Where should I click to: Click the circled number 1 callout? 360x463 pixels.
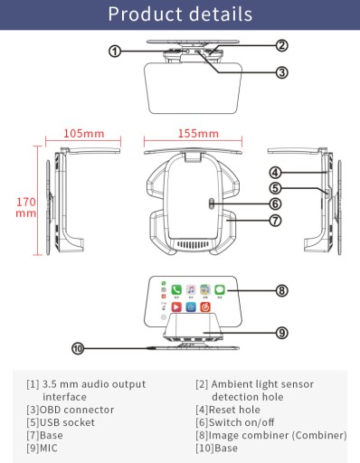pyautogui.click(x=115, y=52)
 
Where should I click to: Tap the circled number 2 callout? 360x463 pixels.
pyautogui.click(x=281, y=45)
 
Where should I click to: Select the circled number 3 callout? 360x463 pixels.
pyautogui.click(x=281, y=72)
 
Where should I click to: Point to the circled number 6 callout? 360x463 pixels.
pyautogui.click(x=275, y=204)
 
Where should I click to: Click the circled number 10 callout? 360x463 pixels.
pyautogui.click(x=78, y=349)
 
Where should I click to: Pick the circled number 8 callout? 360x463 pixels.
pyautogui.click(x=281, y=291)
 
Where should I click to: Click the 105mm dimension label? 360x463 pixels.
pyautogui.click(x=84, y=134)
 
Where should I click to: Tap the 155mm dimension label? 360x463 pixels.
pyautogui.click(x=198, y=134)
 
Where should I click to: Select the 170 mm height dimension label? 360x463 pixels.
pyautogui.click(x=26, y=207)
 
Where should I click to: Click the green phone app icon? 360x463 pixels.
pyautogui.click(x=176, y=290)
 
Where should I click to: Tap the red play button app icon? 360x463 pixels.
pyautogui.click(x=176, y=307)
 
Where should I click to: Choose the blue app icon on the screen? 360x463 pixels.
pyautogui.click(x=191, y=307)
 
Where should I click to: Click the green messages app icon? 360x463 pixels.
pyautogui.click(x=220, y=290)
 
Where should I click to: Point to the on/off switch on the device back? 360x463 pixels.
pyautogui.click(x=212, y=203)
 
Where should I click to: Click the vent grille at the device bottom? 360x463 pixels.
pyautogui.click(x=193, y=244)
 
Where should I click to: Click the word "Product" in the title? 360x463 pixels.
pyautogui.click(x=145, y=14)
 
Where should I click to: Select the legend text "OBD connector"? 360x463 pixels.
pyautogui.click(x=77, y=410)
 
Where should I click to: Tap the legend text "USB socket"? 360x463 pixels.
pyautogui.click(x=67, y=422)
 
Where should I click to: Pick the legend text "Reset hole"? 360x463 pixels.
pyautogui.click(x=234, y=410)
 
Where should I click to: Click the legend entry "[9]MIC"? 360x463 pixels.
pyautogui.click(x=42, y=449)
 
